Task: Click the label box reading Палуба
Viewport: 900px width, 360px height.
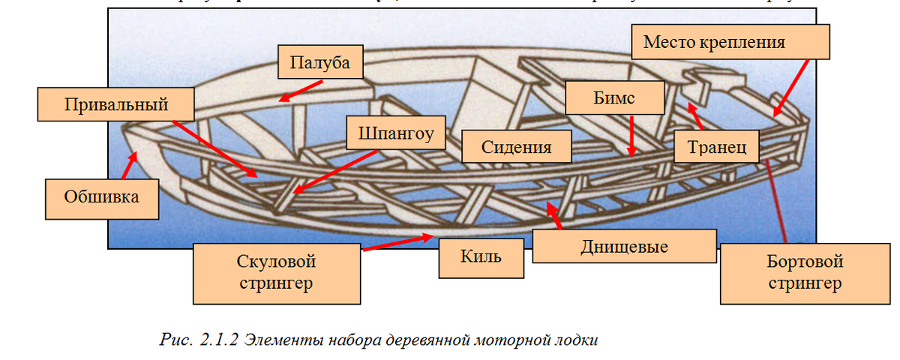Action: tap(320, 64)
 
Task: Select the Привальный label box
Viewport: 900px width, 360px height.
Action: tap(115, 103)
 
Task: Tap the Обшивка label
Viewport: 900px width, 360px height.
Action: tap(101, 198)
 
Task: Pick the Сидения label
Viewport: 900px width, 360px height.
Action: tap(516, 147)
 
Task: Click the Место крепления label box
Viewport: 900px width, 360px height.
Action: tap(730, 43)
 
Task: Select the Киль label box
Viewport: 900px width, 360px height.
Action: tap(481, 259)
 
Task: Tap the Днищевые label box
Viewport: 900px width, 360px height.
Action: tap(624, 246)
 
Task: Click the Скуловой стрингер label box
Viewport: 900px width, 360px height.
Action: tap(276, 272)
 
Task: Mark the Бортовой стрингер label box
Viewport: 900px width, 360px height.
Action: tap(805, 272)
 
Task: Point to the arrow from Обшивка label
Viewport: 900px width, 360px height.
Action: tap(130, 164)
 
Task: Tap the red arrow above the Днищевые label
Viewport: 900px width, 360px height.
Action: tap(554, 217)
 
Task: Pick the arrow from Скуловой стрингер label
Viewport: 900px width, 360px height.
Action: tap(397, 242)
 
